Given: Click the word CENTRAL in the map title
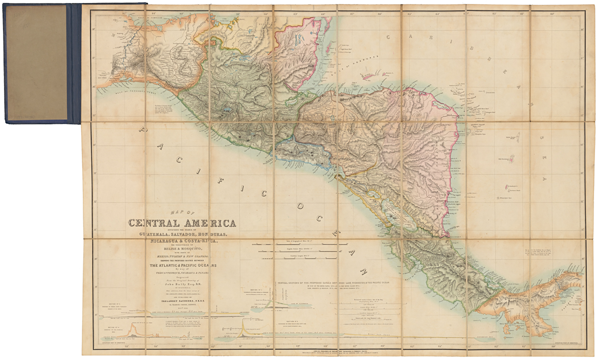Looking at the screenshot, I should coord(155,223).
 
